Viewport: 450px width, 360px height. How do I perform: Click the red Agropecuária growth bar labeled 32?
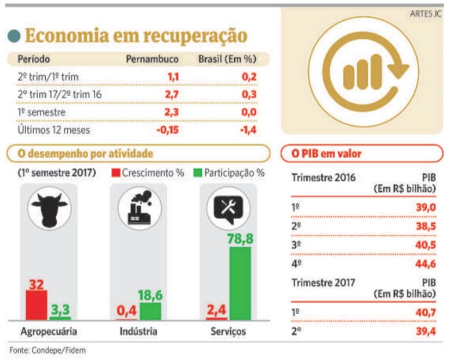click(x=37, y=305)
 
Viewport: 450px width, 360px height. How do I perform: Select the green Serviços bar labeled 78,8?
click(x=240, y=283)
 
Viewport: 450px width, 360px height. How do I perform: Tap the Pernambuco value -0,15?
click(x=167, y=130)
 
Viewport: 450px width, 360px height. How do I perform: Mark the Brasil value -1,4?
click(x=248, y=130)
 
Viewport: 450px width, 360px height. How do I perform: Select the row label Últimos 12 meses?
click(x=54, y=130)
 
